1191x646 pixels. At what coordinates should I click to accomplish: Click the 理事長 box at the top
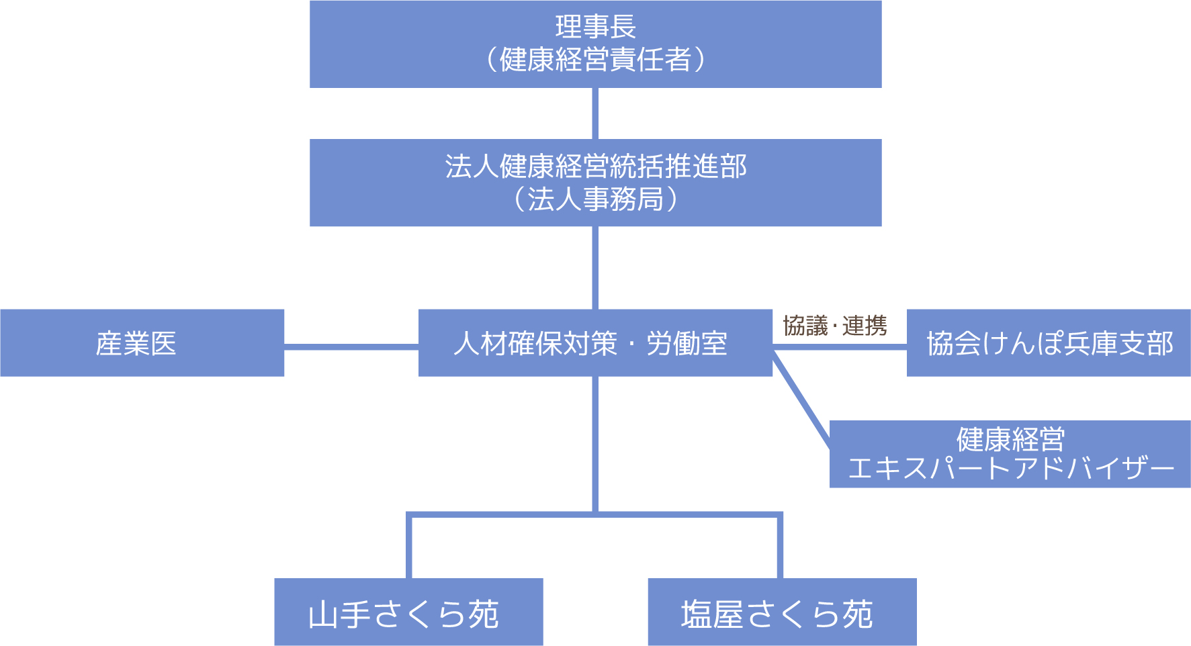pos(595,27)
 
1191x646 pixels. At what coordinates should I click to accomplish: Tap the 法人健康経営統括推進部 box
pos(595,167)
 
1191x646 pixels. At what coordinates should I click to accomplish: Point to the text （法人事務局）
pos(595,199)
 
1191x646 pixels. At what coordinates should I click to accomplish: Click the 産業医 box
pos(142,343)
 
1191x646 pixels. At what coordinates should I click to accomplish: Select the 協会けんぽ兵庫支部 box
pos(1049,343)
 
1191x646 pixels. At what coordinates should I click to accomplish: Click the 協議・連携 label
pos(835,326)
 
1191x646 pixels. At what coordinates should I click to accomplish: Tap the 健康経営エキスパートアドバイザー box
pos(1010,454)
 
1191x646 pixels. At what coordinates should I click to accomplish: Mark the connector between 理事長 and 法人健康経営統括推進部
pos(595,113)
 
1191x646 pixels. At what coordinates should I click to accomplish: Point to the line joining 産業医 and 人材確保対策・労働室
pos(351,347)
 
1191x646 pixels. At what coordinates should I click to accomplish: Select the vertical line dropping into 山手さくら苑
pos(408,547)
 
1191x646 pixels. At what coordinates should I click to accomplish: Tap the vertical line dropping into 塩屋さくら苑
pos(780,547)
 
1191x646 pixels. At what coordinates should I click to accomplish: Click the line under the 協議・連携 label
pos(840,347)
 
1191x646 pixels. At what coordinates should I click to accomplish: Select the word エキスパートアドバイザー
pos(1010,469)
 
